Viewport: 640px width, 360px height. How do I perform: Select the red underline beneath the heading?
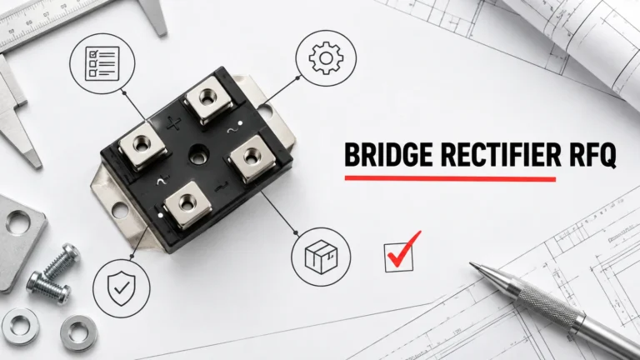click(450, 178)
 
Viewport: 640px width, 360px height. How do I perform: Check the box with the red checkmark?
click(399, 257)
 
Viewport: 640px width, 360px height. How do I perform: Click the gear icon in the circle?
click(326, 58)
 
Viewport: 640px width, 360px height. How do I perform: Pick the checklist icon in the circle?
click(102, 63)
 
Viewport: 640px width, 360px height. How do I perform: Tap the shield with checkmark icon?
click(121, 288)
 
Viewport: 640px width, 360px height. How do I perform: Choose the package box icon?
click(321, 257)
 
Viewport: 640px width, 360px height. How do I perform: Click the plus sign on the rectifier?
click(174, 123)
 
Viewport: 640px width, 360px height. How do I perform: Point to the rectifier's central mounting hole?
click(199, 155)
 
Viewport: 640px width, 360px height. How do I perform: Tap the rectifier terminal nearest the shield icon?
click(187, 204)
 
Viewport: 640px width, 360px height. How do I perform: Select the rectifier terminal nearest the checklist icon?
click(142, 146)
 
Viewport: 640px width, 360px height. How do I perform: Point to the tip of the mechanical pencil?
click(471, 264)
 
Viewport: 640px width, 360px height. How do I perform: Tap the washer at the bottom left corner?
click(20, 327)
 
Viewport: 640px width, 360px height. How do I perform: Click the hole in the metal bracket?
click(18, 222)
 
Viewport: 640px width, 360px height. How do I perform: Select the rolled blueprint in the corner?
click(580, 37)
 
